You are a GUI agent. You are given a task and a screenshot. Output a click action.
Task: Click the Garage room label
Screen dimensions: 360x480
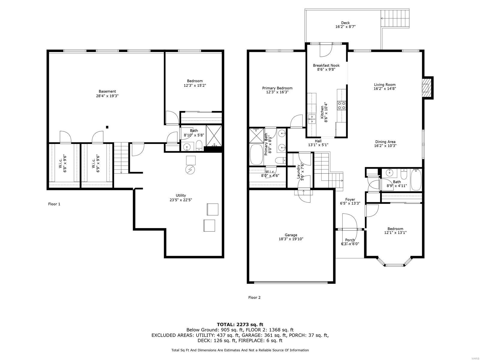click(291, 235)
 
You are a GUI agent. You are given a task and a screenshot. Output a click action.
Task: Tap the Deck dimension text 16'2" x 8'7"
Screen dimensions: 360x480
click(345, 27)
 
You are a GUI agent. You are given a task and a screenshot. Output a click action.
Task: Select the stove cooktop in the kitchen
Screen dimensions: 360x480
click(341, 105)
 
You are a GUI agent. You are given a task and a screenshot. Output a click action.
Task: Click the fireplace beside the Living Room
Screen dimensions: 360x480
click(427, 87)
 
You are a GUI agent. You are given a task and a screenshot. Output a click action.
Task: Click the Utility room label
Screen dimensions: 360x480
click(181, 195)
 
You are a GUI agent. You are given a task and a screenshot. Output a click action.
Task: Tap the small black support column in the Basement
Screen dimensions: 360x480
click(107, 127)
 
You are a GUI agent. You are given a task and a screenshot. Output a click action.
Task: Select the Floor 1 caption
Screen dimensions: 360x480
click(54, 204)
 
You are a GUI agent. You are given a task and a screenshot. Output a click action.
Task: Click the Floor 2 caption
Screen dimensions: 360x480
click(254, 298)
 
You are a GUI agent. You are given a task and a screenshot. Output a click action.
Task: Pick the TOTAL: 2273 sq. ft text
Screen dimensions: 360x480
click(240, 324)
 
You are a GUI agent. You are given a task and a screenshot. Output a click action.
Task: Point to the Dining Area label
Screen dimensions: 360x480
click(385, 142)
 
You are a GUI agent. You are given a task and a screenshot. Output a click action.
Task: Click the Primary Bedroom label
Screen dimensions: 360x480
click(277, 88)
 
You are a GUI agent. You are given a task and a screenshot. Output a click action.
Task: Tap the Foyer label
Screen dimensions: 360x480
click(350, 199)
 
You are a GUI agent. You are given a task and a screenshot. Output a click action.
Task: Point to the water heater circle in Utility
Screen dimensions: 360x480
click(190, 170)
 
